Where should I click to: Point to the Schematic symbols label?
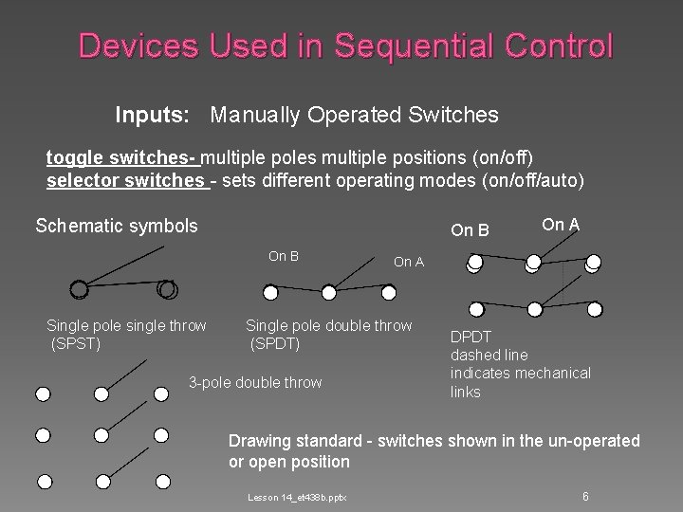(x=117, y=226)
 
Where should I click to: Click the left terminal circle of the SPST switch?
(x=79, y=289)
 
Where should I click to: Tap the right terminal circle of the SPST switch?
(x=167, y=289)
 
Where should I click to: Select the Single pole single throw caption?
(x=126, y=325)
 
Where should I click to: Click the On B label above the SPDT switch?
(x=284, y=255)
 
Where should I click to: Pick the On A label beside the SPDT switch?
(x=409, y=262)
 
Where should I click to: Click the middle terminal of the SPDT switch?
(x=327, y=291)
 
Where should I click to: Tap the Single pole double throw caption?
(x=329, y=325)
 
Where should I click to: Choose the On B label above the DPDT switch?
(x=471, y=229)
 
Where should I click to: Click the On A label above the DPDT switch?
(x=561, y=224)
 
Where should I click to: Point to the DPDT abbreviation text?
(x=471, y=337)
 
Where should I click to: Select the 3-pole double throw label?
(x=255, y=382)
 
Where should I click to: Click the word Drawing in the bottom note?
(x=260, y=441)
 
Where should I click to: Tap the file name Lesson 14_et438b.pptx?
(x=297, y=497)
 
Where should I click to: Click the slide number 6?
(x=585, y=496)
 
